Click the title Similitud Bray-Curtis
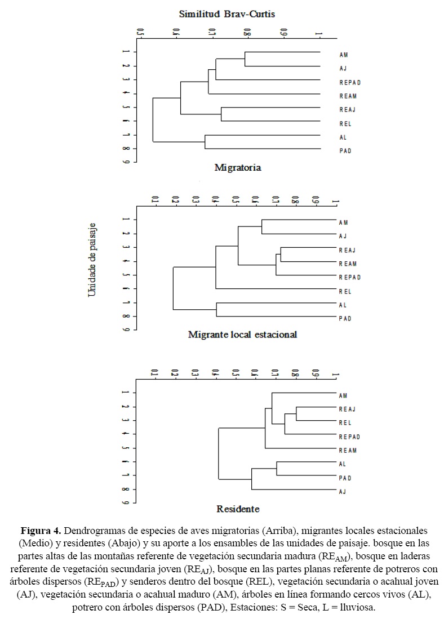[227, 14]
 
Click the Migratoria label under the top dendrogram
[237, 167]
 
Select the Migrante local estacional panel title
[242, 335]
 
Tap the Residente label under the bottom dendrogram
[238, 509]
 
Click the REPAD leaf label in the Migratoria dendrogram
[350, 82]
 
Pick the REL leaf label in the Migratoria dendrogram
[345, 124]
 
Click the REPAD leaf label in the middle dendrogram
[350, 277]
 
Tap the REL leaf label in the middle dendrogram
[345, 291]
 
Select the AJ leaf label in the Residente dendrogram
[342, 492]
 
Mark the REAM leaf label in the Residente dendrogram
[348, 451]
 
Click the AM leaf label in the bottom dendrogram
[343, 395]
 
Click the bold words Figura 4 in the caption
[41, 531]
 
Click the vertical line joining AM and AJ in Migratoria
[245, 59]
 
